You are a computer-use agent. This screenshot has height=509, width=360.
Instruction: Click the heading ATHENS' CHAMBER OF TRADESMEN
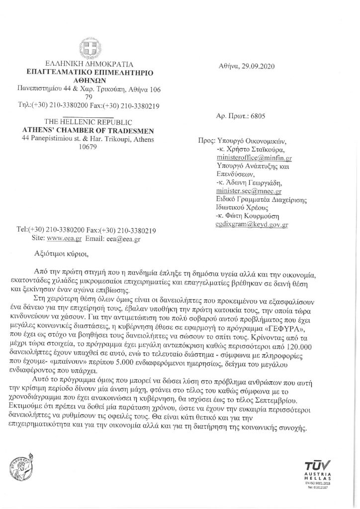click(90, 130)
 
